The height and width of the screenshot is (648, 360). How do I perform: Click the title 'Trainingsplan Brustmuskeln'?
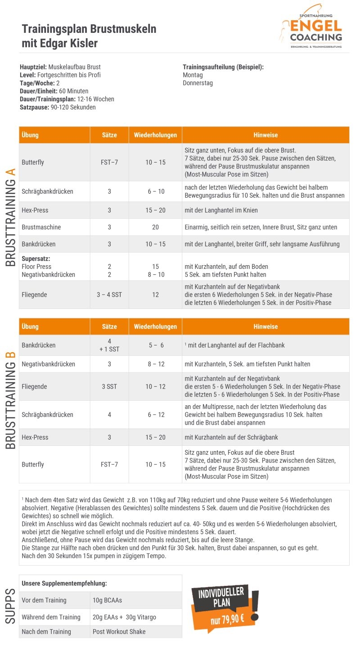tap(89, 29)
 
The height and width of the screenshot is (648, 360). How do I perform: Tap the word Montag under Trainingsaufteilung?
tap(193, 75)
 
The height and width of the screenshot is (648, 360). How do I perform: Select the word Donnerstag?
tap(198, 83)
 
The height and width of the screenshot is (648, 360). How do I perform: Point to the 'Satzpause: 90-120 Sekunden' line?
tap(58, 107)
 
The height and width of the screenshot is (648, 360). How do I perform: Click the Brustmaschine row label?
tap(41, 227)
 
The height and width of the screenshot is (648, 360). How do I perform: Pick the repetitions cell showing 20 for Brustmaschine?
tap(155, 227)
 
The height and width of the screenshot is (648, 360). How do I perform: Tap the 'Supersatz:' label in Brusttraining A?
tap(36, 259)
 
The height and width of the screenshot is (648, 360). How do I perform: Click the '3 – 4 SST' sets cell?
tap(109, 295)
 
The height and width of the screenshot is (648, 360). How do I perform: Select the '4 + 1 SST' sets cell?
tap(109, 345)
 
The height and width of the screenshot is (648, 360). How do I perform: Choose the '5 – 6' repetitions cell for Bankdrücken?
tap(156, 345)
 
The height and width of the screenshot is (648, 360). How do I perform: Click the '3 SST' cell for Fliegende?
tap(109, 387)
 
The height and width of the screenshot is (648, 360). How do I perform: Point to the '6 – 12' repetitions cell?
tap(155, 415)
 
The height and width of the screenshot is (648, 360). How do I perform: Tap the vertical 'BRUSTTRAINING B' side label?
tap(11, 400)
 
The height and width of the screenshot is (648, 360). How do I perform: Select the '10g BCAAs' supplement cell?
tap(107, 600)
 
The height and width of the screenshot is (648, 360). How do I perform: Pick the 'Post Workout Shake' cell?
tap(119, 632)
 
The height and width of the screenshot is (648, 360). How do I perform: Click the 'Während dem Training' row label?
tap(51, 617)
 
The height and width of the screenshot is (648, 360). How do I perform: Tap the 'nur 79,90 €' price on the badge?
tap(227, 620)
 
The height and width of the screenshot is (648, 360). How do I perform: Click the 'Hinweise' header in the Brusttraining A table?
tap(265, 135)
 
